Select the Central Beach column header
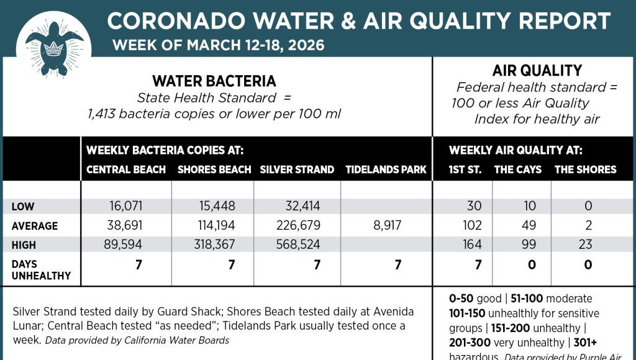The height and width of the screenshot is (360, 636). [126, 169]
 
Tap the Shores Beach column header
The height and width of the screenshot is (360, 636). [214, 169]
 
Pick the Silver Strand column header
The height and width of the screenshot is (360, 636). [297, 169]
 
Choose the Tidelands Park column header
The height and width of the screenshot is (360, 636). [386, 169]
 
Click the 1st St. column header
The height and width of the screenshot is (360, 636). [465, 169]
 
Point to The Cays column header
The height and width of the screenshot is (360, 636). [517, 169]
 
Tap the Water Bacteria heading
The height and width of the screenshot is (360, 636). [214, 81]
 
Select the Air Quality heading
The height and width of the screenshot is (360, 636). [537, 71]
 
